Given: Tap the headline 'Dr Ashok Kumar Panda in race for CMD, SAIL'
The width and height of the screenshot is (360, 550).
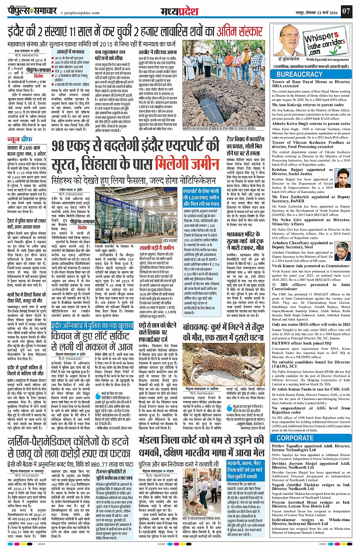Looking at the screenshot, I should pos(311,389).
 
